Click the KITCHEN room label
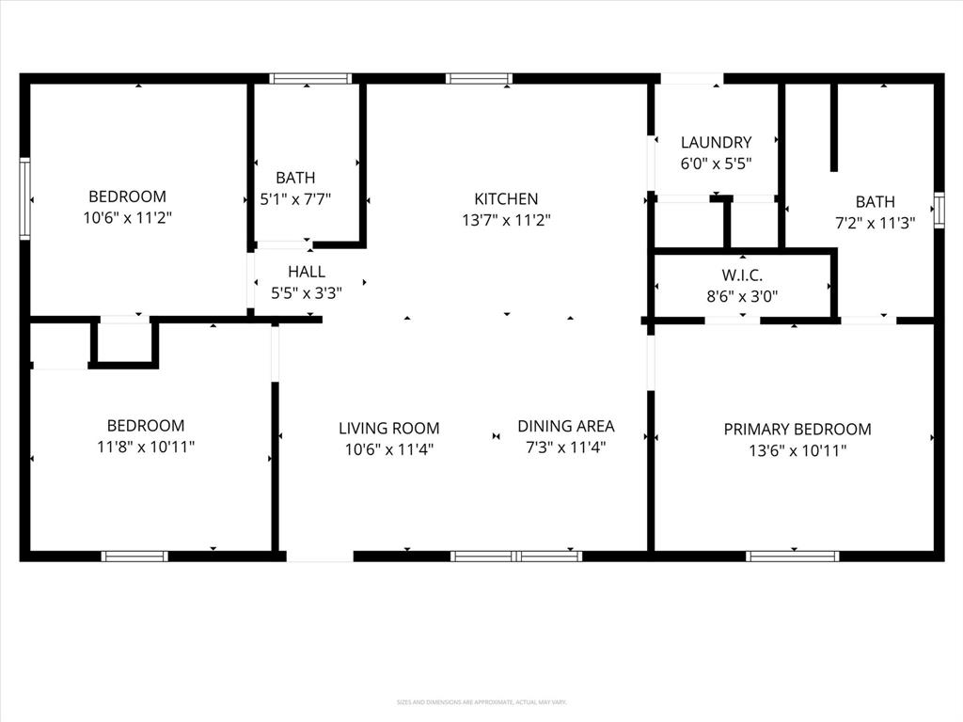pos(506,198)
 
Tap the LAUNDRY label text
pos(716,143)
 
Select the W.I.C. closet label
pos(742,275)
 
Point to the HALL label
pos(307,272)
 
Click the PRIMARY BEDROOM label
pos(797,429)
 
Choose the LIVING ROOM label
pos(388,428)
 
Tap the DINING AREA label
pos(565,426)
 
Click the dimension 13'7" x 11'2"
pos(506,221)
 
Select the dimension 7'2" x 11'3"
pos(875,224)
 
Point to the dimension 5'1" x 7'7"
pos(295,199)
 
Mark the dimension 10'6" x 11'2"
pos(128,218)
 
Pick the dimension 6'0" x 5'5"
pos(716,164)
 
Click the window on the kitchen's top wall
pos(479,79)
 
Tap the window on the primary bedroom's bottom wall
pos(792,557)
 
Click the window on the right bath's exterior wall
pos(939,210)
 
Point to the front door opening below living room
pos(320,557)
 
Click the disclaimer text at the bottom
pos(481,702)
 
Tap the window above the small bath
pos(309,79)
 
